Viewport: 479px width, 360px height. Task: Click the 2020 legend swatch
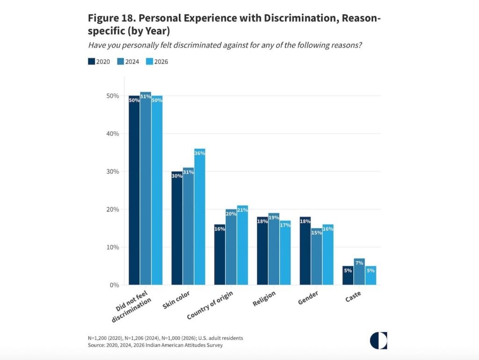(x=92, y=61)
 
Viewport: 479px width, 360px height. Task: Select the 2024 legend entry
(x=127, y=61)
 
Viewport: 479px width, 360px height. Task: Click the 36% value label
(x=200, y=153)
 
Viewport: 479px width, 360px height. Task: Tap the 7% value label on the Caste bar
(x=360, y=263)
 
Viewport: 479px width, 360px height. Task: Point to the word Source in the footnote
(x=98, y=345)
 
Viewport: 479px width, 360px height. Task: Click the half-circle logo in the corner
(x=378, y=340)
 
